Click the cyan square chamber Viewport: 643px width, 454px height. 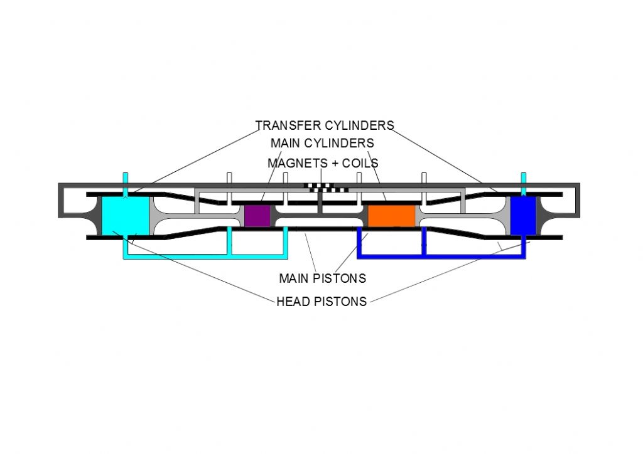coord(125,216)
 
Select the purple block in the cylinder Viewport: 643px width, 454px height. coord(257,216)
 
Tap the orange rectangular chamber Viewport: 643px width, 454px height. coord(392,216)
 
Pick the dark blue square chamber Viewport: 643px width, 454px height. coord(523,216)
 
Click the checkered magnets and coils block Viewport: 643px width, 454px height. coord(326,187)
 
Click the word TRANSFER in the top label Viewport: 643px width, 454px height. coord(288,125)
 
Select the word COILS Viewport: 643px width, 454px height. coord(360,163)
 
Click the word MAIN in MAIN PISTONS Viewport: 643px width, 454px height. coord(294,278)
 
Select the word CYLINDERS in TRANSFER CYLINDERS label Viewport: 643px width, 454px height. coord(359,125)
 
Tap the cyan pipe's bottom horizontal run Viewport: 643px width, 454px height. coord(205,256)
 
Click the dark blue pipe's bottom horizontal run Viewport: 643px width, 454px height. coord(441,256)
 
